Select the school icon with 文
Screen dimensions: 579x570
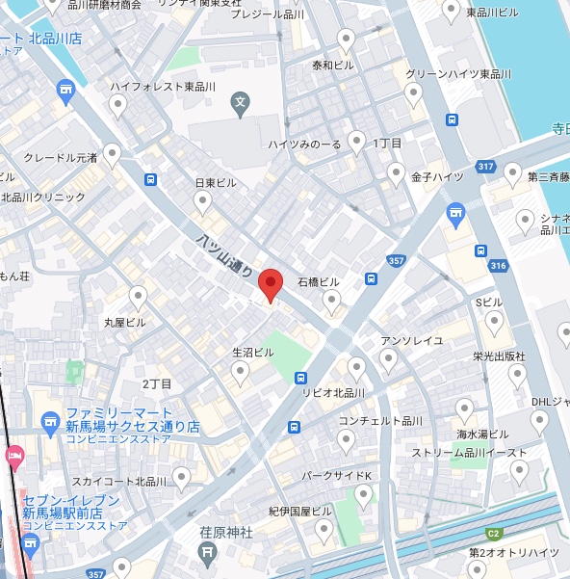tap(241, 100)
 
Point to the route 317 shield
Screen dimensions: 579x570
tap(485, 168)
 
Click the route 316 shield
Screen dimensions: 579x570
tap(497, 266)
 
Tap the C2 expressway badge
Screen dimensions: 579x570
tap(493, 533)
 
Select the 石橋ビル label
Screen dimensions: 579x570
tap(319, 282)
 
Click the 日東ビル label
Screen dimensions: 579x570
tap(216, 182)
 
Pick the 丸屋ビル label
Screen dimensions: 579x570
tap(125, 322)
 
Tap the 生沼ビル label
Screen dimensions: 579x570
tap(254, 353)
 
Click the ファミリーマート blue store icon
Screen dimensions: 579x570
tap(51, 419)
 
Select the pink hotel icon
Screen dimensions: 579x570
tap(13, 454)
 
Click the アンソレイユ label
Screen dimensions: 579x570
tap(411, 340)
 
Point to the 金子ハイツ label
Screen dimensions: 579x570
tap(437, 177)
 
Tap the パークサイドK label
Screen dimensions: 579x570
tap(336, 476)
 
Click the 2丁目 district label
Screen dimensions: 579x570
tap(157, 383)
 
